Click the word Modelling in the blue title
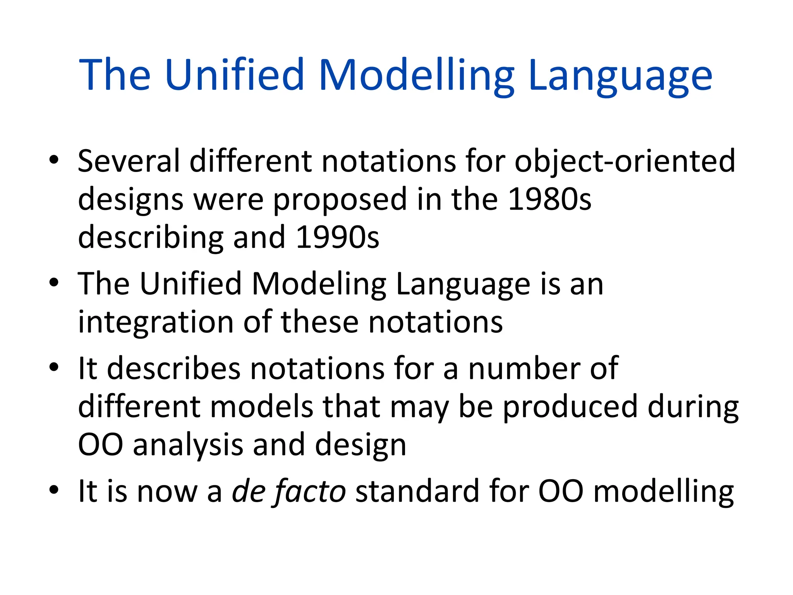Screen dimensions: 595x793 (x=416, y=75)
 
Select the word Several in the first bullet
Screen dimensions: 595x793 (x=129, y=161)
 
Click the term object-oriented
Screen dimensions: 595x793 (x=625, y=162)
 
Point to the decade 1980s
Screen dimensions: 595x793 (x=549, y=199)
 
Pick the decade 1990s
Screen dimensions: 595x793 (x=337, y=237)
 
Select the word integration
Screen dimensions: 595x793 (x=156, y=323)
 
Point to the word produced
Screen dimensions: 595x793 (x=570, y=407)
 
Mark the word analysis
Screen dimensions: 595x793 (x=188, y=445)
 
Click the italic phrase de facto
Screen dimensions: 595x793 (x=289, y=491)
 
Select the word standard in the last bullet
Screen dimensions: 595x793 (x=417, y=491)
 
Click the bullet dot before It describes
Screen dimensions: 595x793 (x=54, y=366)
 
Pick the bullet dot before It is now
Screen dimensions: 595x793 (x=54, y=489)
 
